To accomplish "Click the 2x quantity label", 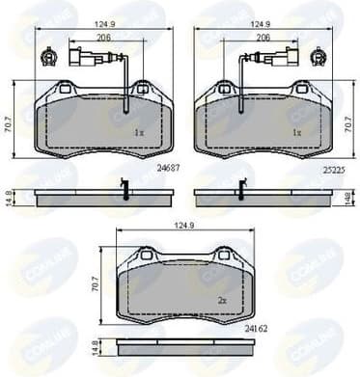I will (x=222, y=301).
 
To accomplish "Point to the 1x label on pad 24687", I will (x=138, y=132).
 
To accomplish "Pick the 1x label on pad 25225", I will (x=297, y=132).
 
